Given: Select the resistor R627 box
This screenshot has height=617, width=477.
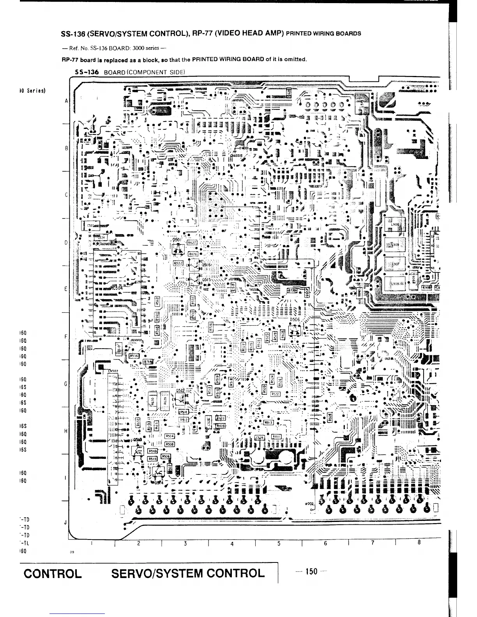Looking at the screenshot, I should point(193,242).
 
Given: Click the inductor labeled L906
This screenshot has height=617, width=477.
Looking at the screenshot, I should point(394,225).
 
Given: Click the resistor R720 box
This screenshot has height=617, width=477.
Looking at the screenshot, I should point(291,291).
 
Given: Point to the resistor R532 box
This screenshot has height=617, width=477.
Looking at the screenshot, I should point(178,263).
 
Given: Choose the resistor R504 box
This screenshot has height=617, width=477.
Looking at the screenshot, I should point(170,436).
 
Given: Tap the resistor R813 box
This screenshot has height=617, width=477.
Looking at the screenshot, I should point(269,422).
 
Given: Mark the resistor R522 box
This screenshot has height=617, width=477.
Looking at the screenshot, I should point(276,394).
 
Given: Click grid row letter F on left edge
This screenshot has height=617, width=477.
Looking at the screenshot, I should point(66,336).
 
